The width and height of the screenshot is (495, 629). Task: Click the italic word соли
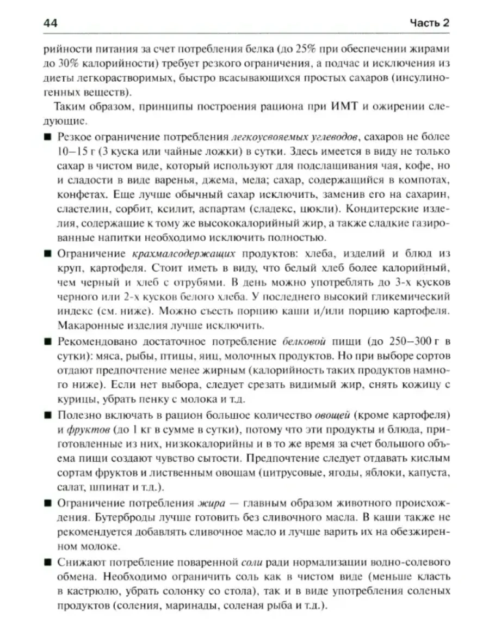pyautogui.click(x=249, y=561)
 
